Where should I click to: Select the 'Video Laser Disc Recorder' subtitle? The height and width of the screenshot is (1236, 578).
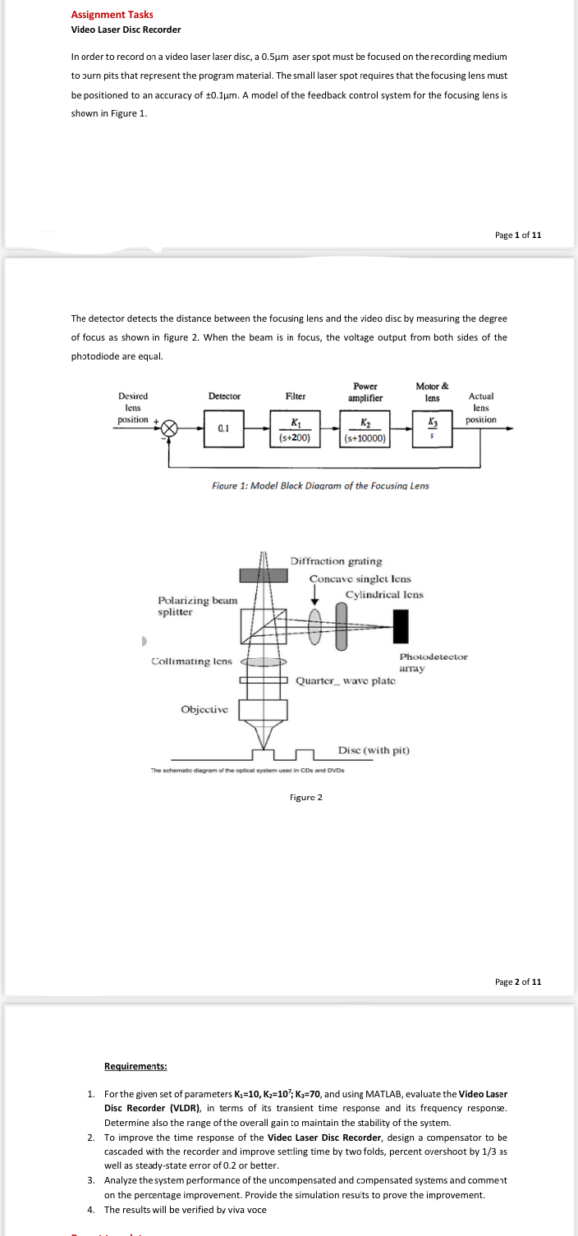126,30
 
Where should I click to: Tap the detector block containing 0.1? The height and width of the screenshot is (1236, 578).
222,428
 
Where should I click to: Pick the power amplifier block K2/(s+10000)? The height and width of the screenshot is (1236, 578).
364,429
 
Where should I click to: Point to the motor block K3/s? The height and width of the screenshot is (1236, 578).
430,429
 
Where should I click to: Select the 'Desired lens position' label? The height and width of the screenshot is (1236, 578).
133,407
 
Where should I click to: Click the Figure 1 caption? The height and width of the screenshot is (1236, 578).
320,485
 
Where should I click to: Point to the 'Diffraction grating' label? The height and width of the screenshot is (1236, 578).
336,561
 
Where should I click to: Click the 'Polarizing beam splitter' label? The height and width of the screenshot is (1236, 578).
197,606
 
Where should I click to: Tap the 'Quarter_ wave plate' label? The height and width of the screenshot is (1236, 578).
346,680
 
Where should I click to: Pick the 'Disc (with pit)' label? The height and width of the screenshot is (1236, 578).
374,750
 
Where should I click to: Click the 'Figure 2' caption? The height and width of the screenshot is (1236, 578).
306,797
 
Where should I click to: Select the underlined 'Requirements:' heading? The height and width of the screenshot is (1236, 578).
135,1066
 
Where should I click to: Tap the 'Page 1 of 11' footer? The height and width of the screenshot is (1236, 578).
518,236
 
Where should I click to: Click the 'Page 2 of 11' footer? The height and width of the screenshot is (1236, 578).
518,982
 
